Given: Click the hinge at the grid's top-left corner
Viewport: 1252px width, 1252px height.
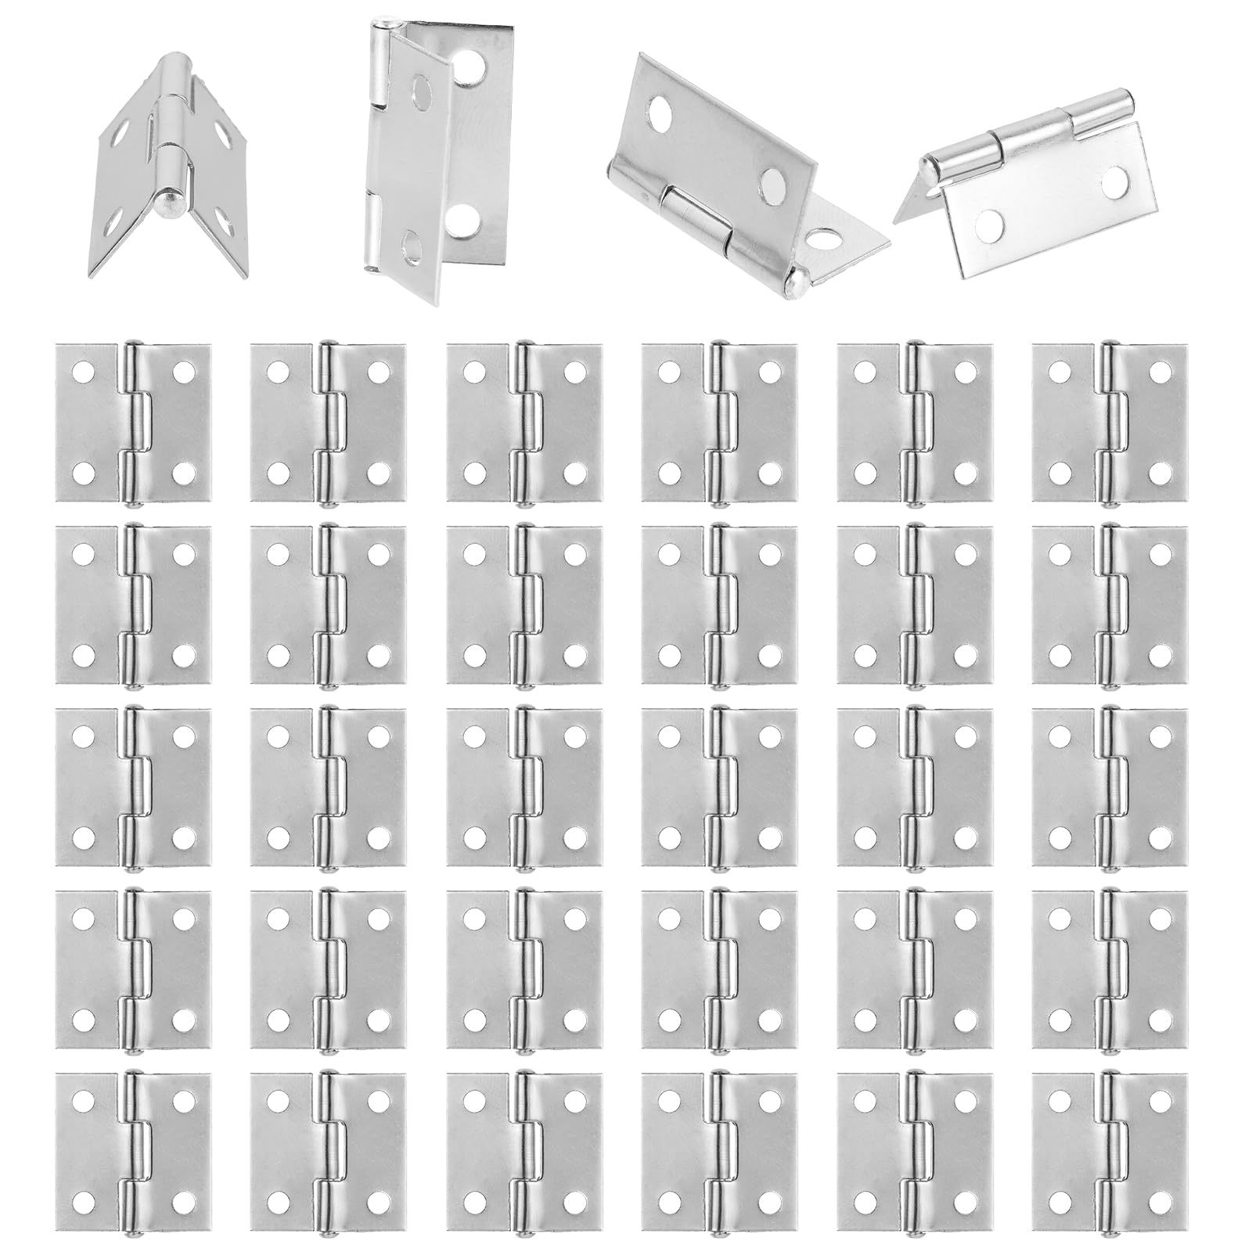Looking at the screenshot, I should [134, 423].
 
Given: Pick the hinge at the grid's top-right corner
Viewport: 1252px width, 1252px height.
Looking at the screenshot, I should [1110, 423].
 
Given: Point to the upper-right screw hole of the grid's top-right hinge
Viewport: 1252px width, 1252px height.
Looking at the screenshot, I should [1160, 372].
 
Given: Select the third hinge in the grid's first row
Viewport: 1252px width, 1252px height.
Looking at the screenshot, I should [524, 423].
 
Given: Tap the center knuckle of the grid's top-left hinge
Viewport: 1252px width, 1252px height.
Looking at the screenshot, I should [139, 423].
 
